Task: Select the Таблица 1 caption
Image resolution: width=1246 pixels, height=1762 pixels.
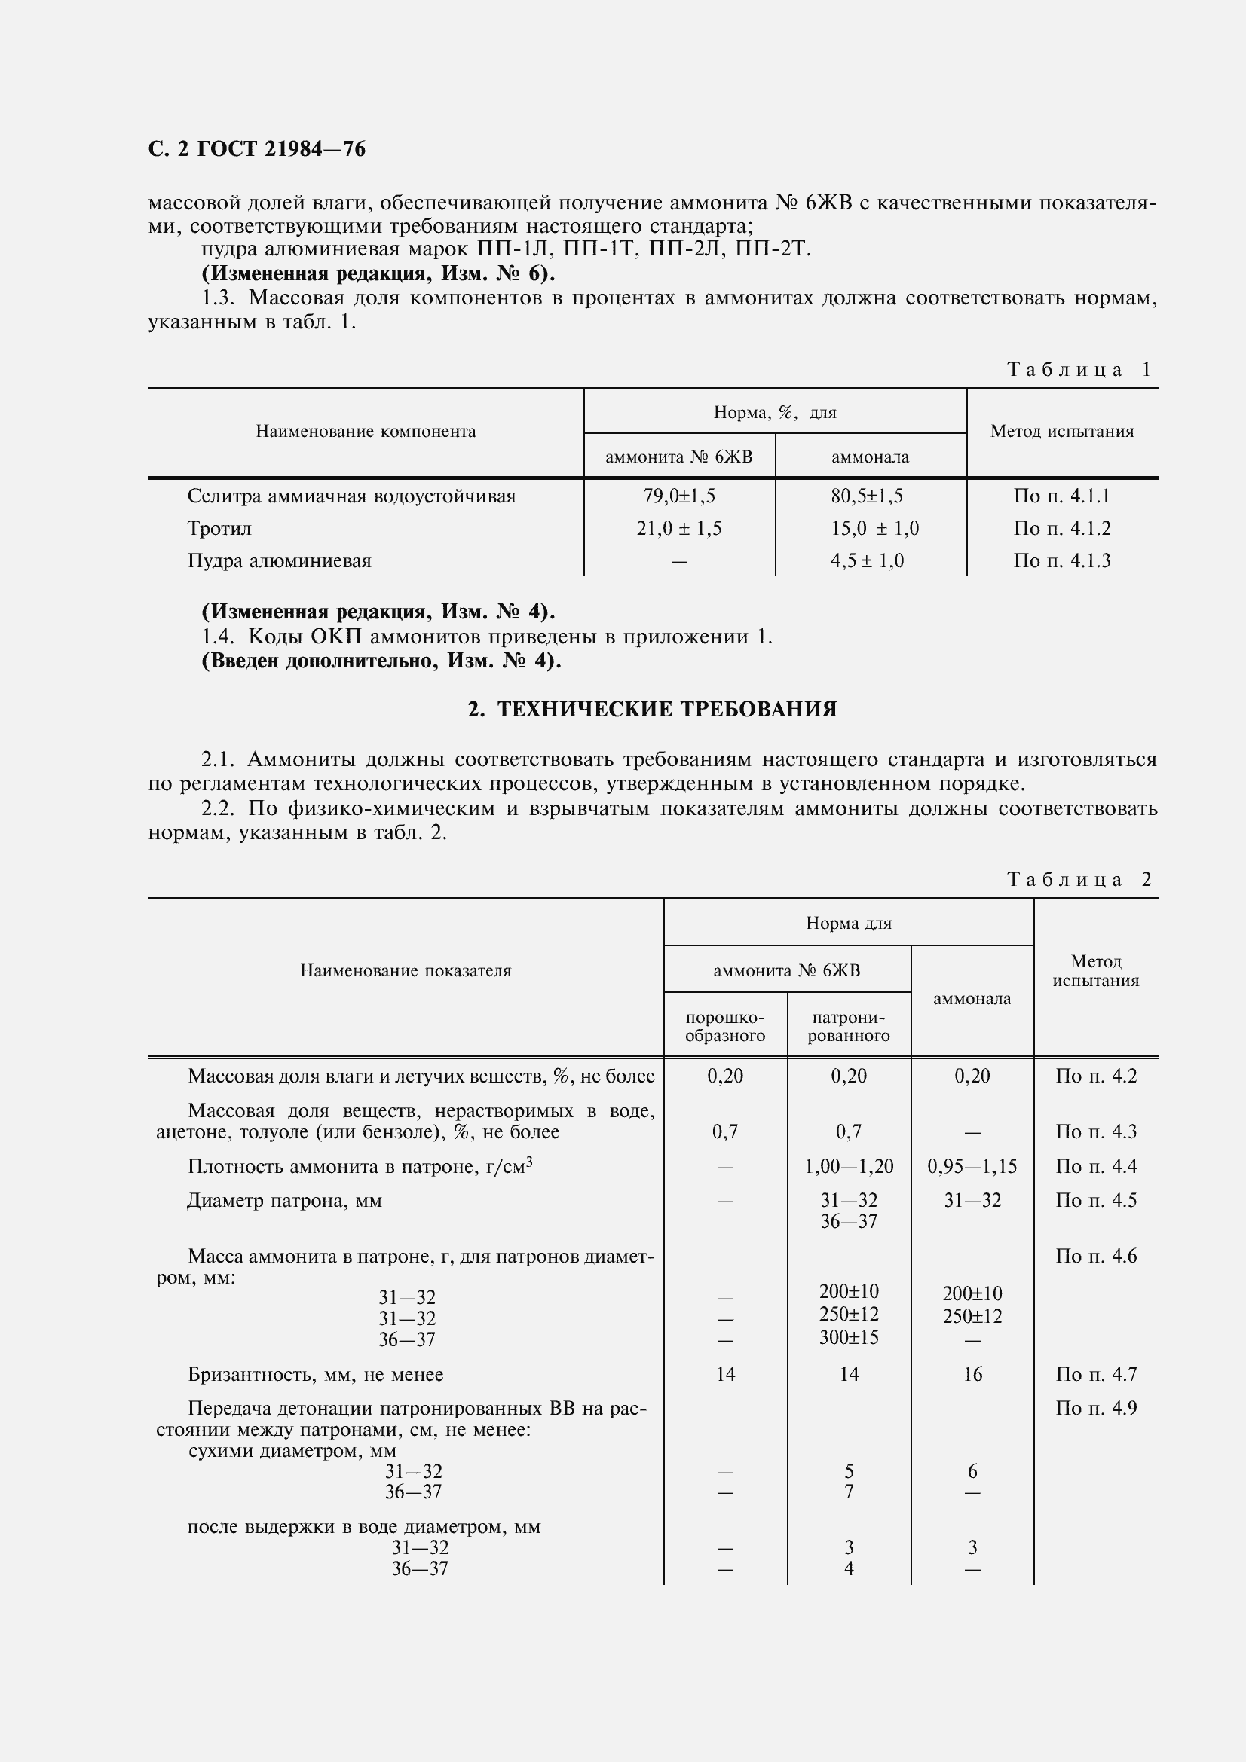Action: (1079, 370)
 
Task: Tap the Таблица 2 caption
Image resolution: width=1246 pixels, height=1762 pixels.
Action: (1079, 879)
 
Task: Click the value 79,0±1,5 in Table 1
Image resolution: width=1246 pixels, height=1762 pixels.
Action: (678, 496)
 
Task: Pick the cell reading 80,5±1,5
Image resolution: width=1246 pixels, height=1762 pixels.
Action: (870, 496)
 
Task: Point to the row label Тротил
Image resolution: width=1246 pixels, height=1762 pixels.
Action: (219, 529)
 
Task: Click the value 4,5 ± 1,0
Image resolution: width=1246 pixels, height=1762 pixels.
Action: (867, 561)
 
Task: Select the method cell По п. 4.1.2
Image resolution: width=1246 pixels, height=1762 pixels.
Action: (1062, 529)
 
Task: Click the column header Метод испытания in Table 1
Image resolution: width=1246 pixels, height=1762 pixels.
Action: (1062, 432)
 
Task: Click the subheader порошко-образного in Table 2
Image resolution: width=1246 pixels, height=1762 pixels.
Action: (724, 1027)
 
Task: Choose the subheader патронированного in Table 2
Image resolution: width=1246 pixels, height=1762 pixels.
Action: (848, 1027)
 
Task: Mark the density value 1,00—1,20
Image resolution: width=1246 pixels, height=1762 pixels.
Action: (848, 1166)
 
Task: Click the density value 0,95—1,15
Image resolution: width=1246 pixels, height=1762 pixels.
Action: (972, 1166)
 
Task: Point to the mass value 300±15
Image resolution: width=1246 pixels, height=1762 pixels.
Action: (848, 1337)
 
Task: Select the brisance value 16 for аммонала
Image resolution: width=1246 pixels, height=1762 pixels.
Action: (972, 1375)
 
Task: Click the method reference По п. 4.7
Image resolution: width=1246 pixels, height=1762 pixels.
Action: (1095, 1375)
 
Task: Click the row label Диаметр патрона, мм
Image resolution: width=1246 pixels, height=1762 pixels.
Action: (284, 1200)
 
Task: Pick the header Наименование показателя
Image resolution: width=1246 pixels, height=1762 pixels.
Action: (406, 971)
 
